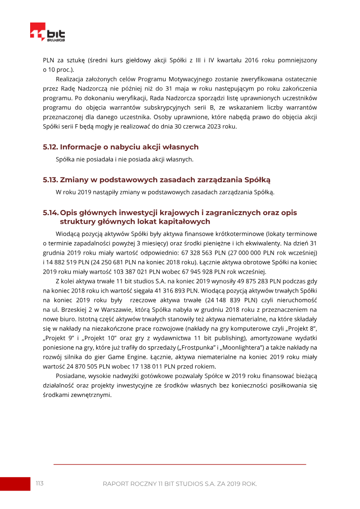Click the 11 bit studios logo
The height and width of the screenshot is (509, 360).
[47, 32]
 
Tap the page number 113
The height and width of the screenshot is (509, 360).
[40, 483]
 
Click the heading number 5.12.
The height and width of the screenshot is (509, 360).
[50, 147]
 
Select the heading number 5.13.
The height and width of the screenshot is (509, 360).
[50, 180]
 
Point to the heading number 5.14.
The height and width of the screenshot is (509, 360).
[50, 212]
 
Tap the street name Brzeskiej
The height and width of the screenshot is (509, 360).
[66, 310]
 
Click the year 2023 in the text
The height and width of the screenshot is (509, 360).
[211, 126]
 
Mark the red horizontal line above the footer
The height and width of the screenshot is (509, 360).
[180, 464]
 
